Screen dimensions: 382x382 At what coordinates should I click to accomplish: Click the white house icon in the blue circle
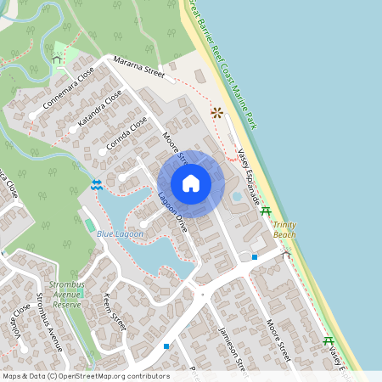(x=191, y=184)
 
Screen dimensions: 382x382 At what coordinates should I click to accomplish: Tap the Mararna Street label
(x=139, y=68)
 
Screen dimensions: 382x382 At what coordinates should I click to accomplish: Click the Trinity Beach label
(x=284, y=229)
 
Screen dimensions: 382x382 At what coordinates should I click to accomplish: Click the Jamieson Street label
(x=233, y=348)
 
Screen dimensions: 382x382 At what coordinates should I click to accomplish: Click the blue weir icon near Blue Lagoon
(x=97, y=184)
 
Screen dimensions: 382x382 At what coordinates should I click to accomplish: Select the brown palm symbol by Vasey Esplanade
(x=216, y=111)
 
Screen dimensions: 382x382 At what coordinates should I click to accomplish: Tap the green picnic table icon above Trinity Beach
(x=266, y=211)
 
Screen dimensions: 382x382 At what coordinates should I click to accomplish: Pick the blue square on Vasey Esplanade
(x=255, y=256)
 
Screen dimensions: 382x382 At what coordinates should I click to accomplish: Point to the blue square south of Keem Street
(x=166, y=346)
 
